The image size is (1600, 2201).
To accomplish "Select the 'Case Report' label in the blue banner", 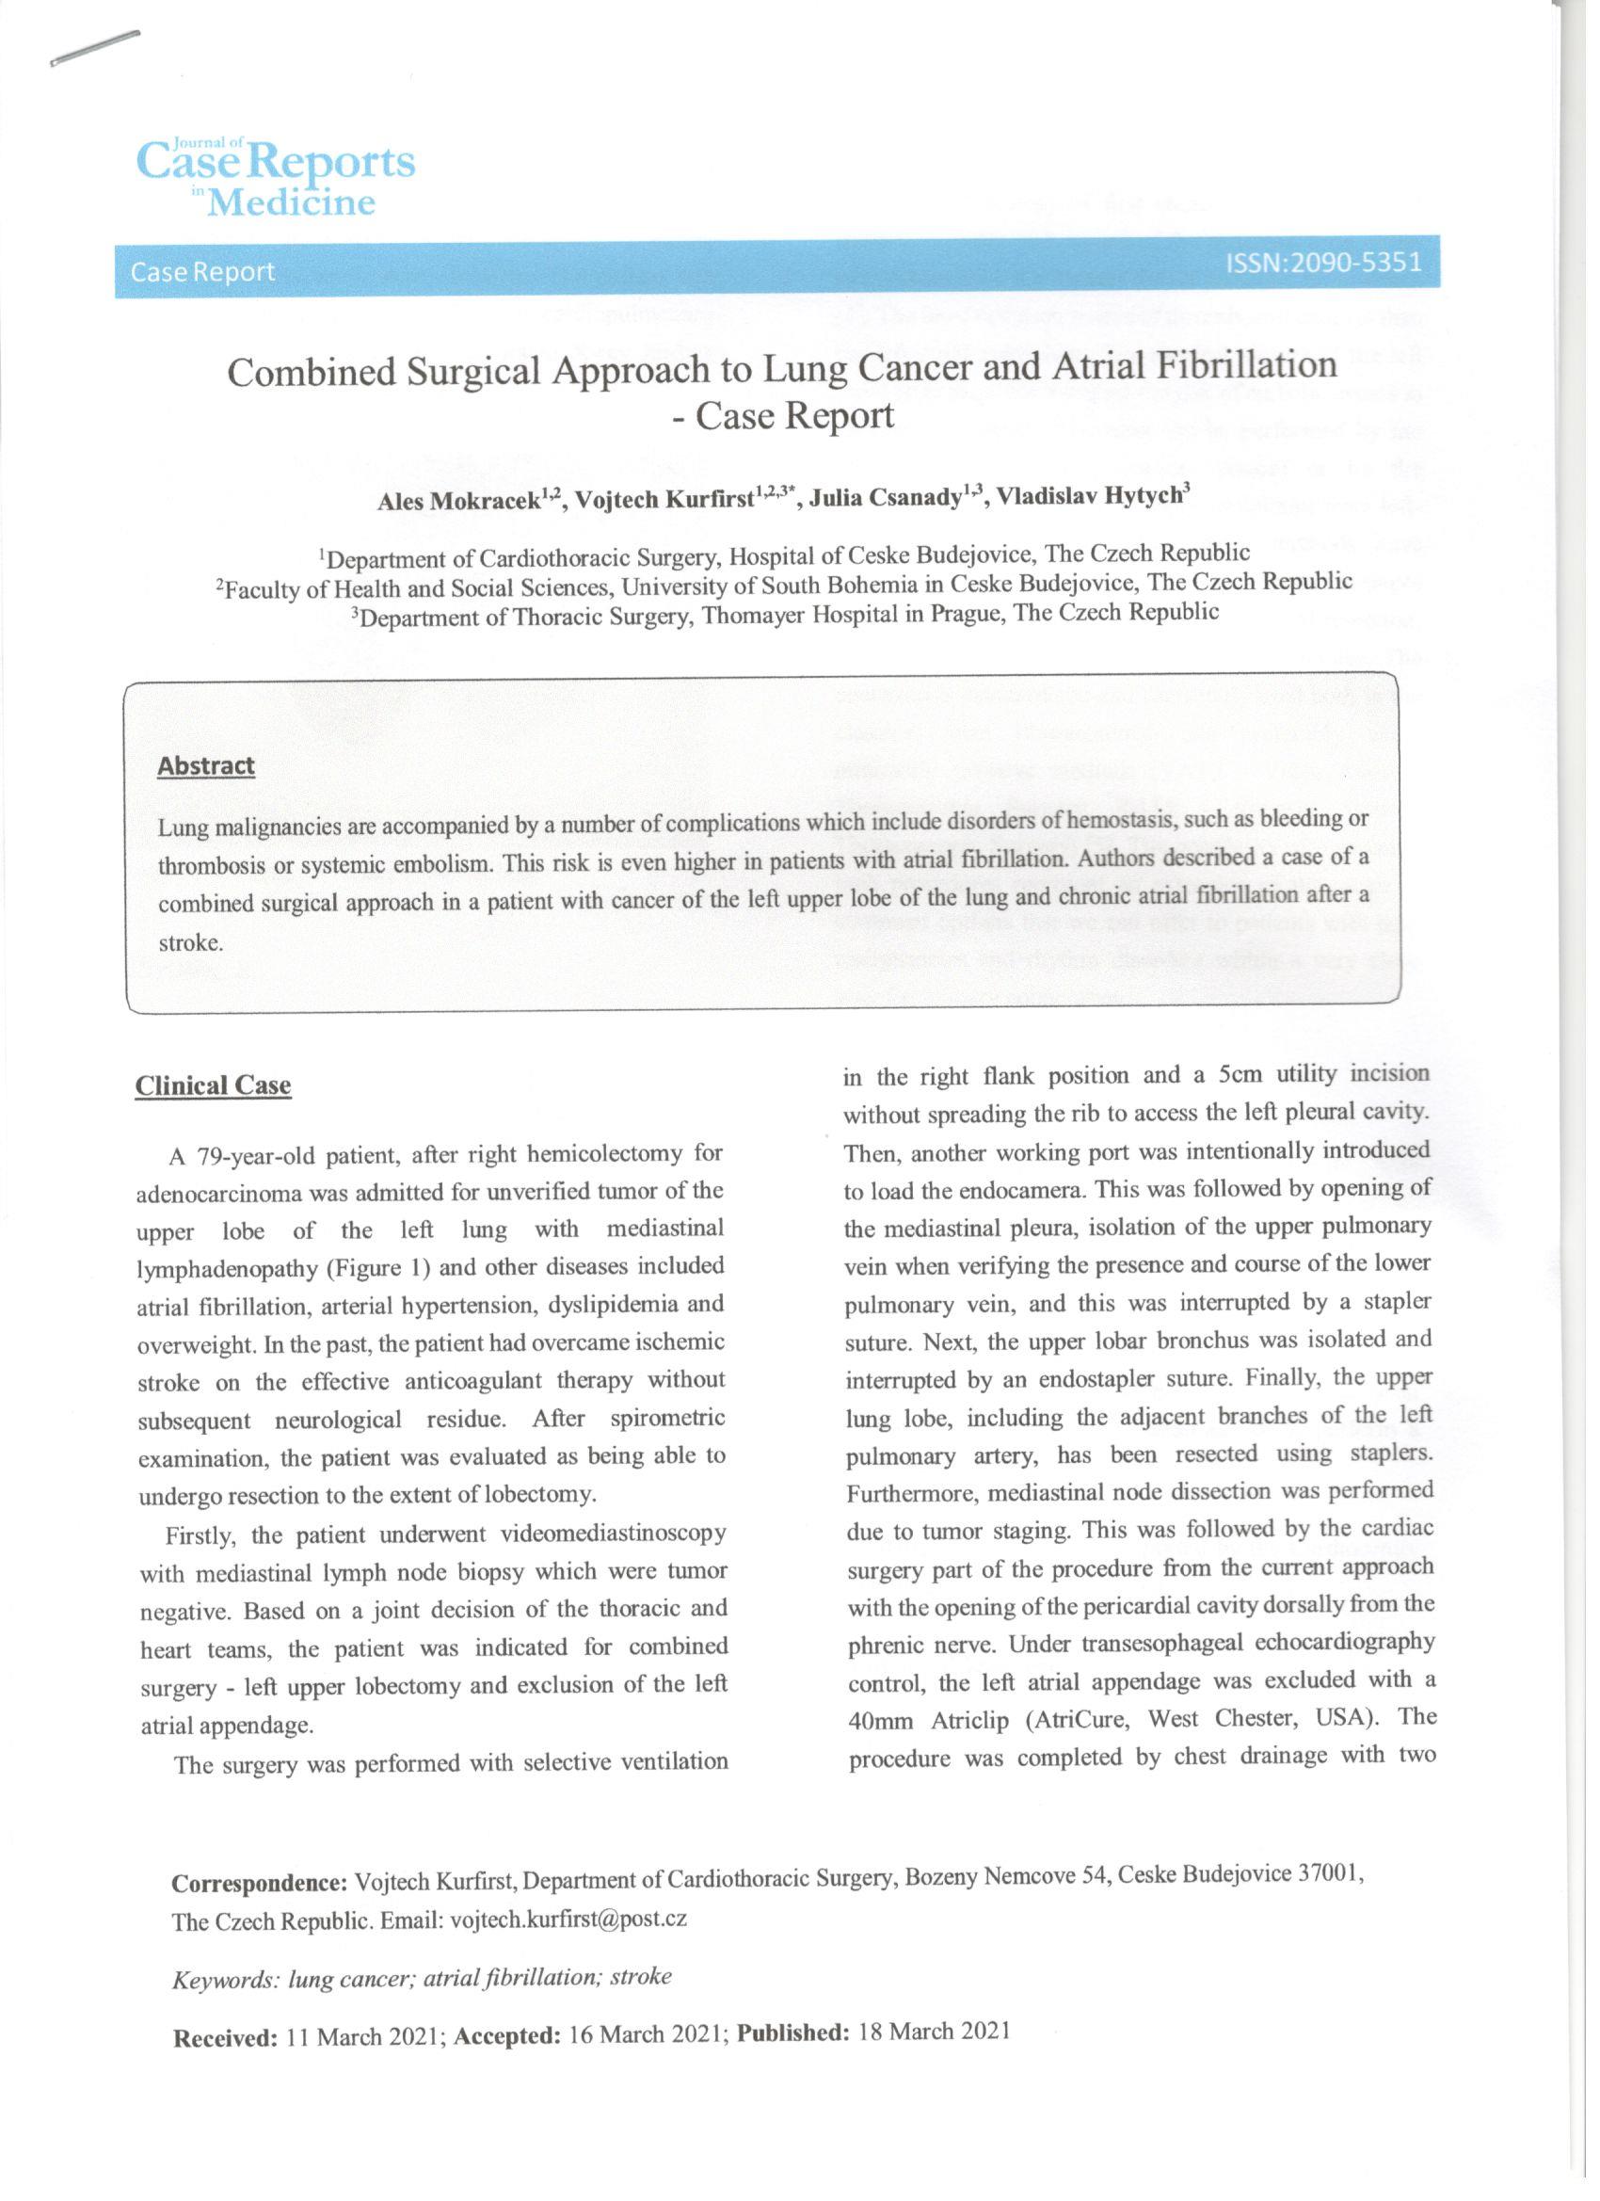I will tap(202, 272).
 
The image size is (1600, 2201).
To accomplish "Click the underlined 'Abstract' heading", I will tap(206, 765).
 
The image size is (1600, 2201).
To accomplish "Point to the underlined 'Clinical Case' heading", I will tap(213, 1085).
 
